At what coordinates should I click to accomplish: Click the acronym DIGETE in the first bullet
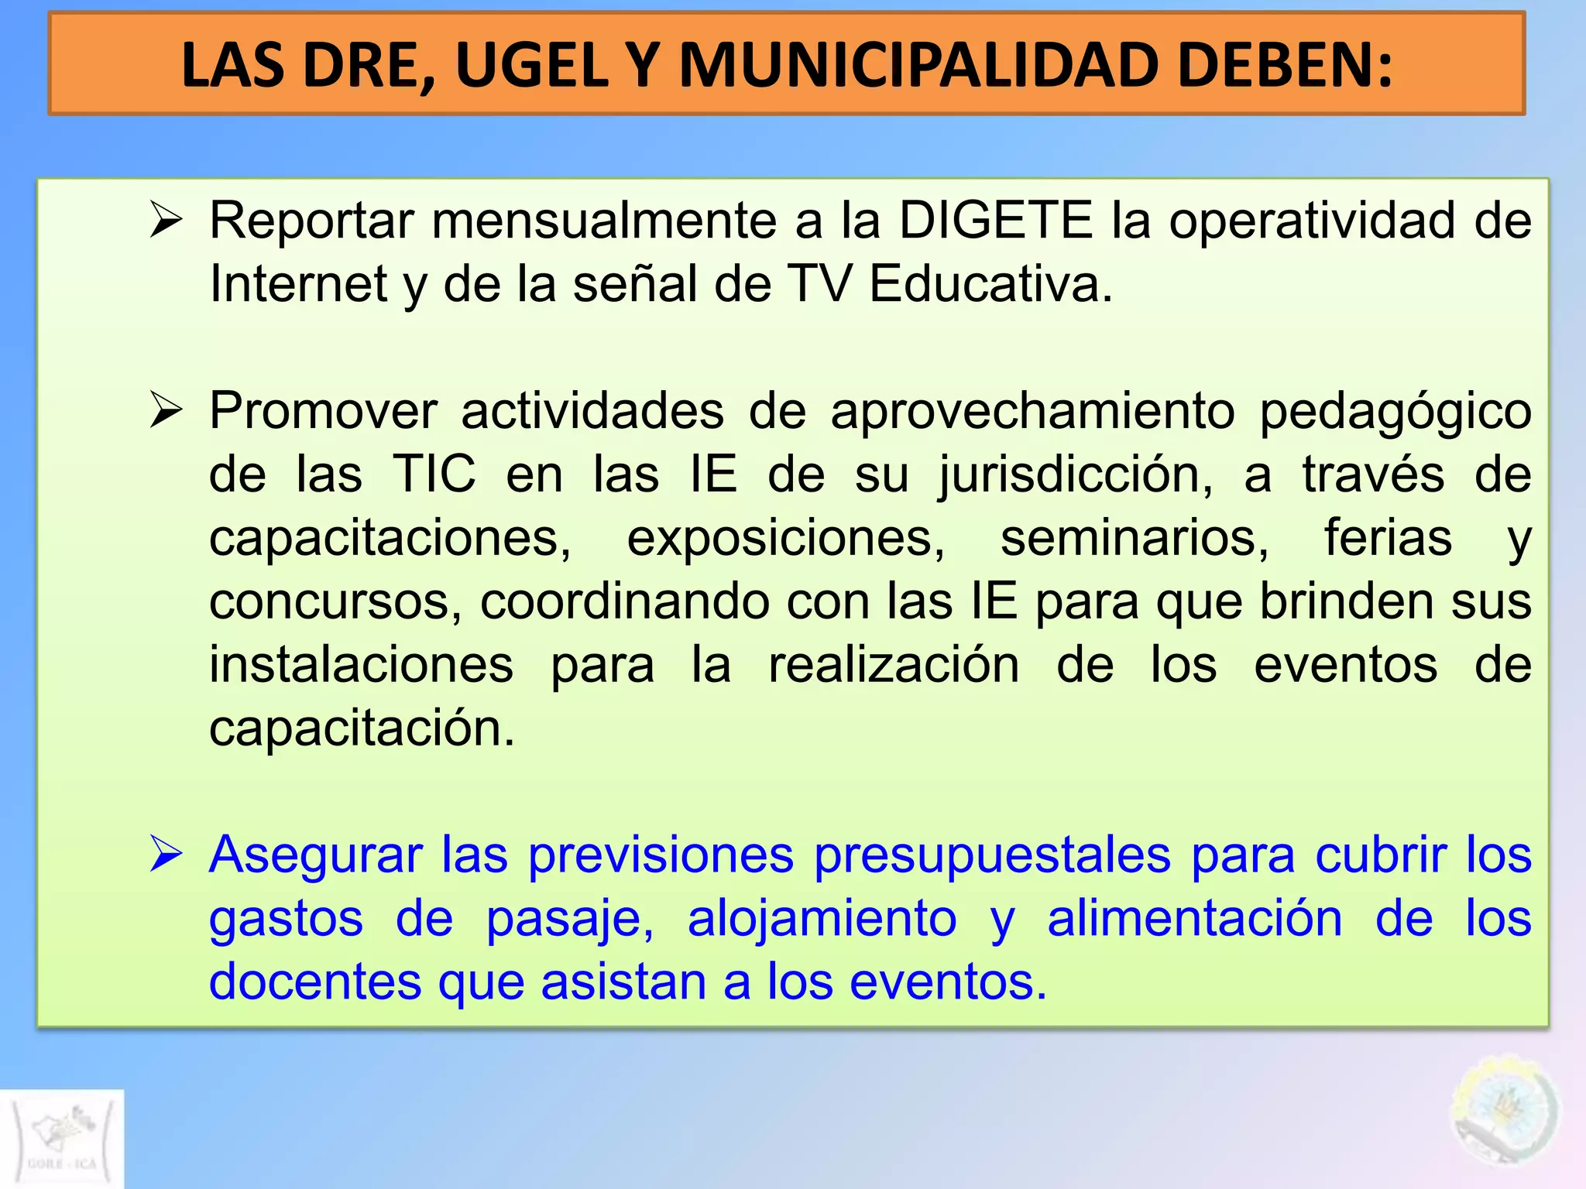pos(995,221)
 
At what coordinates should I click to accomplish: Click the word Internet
pos(298,283)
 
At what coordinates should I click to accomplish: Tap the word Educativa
pos(990,283)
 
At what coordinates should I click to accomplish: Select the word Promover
pos(323,410)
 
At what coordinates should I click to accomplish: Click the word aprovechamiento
pos(1032,412)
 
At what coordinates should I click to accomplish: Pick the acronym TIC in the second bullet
pos(434,474)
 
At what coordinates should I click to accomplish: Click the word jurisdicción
pos(1076,475)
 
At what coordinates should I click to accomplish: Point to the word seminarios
pos(1135,537)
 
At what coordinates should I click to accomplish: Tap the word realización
pos(894,664)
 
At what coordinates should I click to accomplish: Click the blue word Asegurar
pos(315,856)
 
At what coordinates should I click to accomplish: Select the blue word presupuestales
pos(993,856)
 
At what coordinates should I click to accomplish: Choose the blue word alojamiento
pos(822,920)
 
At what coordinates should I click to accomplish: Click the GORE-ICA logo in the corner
pos(62,1139)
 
